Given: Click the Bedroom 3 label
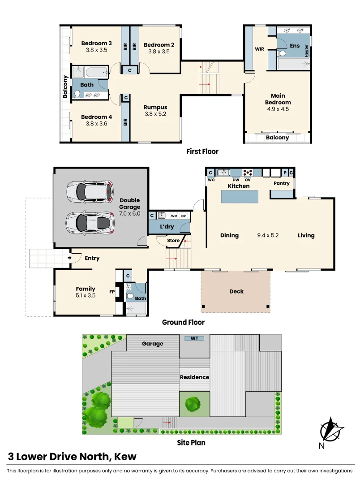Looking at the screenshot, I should [x=96, y=43].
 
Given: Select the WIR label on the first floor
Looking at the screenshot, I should [x=259, y=49].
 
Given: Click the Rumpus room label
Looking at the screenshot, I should [x=155, y=107].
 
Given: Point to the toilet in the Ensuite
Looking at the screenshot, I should [x=282, y=53].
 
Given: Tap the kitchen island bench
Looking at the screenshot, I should [x=240, y=197].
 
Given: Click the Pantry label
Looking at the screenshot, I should [x=282, y=183].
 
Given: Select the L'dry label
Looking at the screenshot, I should [x=167, y=227].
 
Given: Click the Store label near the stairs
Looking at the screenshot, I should [x=173, y=241].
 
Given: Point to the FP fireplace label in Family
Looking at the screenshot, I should [x=112, y=291].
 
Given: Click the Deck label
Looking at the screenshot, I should [x=236, y=291].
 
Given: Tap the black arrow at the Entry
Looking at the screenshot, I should [x=69, y=258].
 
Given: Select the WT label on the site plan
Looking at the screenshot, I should [x=194, y=338].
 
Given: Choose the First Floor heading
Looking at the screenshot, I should [x=202, y=151].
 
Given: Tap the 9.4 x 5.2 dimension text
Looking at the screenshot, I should [x=268, y=235].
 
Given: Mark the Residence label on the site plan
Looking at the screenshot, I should [x=194, y=377].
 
